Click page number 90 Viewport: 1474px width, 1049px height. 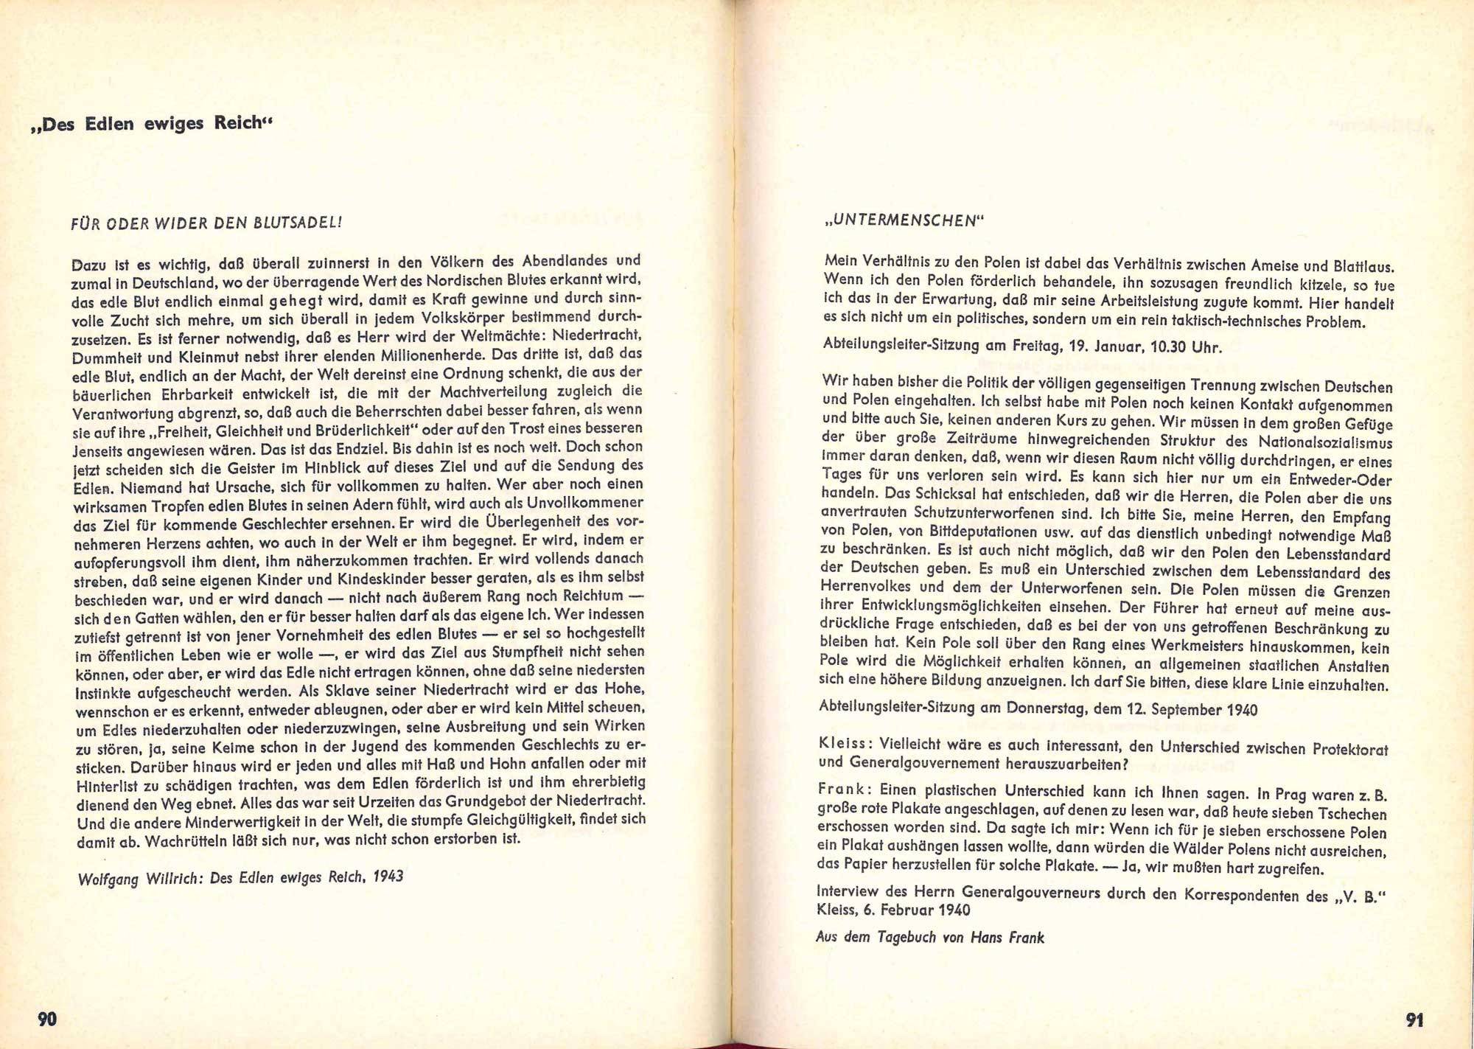click(x=47, y=1020)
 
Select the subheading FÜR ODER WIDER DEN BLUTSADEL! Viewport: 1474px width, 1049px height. click(x=206, y=223)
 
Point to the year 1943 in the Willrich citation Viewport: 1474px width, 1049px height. click(x=388, y=877)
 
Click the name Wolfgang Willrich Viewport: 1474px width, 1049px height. click(x=142, y=879)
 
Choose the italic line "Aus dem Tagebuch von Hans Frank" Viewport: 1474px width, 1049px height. click(x=930, y=938)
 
